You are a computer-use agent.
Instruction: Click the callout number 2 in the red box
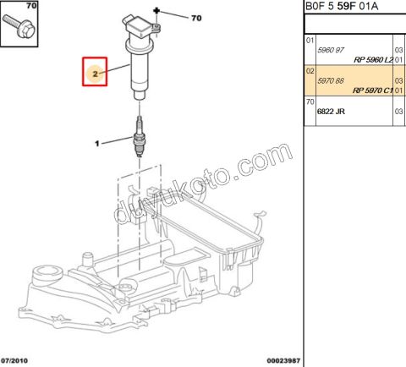[x=96, y=74]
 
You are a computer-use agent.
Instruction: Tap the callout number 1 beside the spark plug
[x=97, y=143]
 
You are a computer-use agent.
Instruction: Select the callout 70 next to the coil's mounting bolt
[x=197, y=17]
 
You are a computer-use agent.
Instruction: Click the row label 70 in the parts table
[x=310, y=101]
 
